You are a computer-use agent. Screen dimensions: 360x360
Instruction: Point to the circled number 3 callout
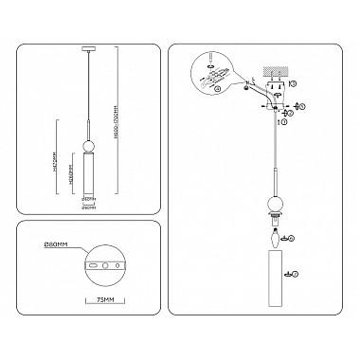(295, 85)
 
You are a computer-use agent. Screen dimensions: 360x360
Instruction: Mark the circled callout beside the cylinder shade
(297, 274)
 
